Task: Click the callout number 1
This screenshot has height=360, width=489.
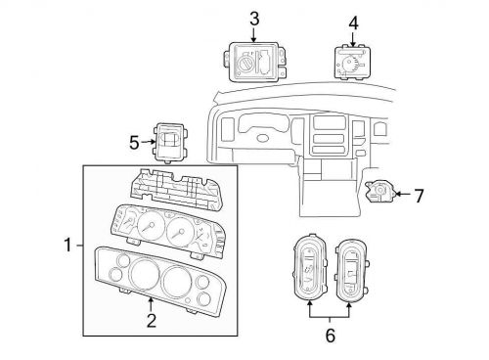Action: point(67,246)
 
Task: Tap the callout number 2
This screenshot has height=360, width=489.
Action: point(152,321)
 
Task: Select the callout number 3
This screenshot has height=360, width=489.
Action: point(254,20)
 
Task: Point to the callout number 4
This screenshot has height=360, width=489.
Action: point(354,23)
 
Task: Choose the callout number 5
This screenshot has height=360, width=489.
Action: point(134,143)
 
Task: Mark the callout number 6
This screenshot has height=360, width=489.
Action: point(331,336)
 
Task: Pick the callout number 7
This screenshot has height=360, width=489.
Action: point(419,196)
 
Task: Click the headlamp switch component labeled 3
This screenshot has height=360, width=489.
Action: point(254,62)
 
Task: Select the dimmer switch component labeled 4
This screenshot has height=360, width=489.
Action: point(353,63)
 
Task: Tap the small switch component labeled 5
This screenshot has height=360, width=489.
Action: point(170,143)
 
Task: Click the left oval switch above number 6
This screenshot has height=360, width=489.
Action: point(310,267)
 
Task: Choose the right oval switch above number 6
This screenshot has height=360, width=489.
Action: point(353,270)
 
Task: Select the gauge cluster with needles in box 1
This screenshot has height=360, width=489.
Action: point(168,231)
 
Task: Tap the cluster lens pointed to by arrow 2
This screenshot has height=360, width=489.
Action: point(159,281)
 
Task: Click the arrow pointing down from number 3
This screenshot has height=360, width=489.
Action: point(254,35)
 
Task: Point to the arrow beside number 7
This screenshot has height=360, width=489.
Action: point(403,195)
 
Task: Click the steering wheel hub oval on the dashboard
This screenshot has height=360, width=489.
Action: point(263,138)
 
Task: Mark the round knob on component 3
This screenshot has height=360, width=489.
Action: point(244,64)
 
